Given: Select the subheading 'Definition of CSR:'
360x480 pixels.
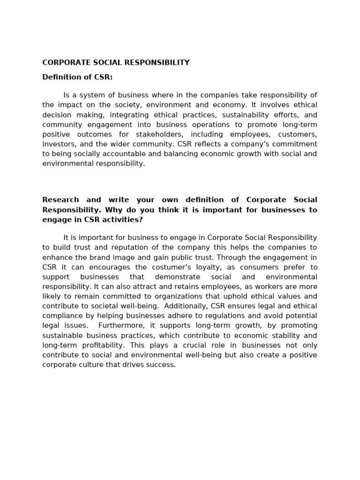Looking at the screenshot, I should pyautogui.click(x=77, y=77).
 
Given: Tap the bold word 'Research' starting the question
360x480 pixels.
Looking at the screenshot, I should pyautogui.click(x=60, y=200).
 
